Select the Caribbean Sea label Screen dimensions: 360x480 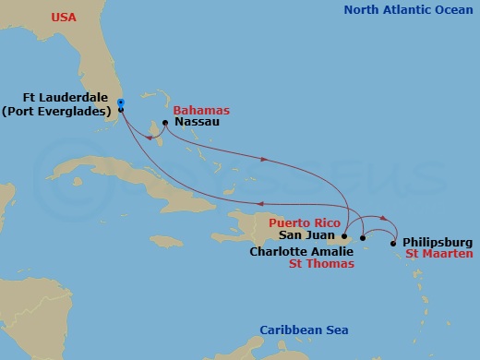295,330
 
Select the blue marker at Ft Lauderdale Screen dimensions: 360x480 121,102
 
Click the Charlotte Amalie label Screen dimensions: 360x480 299,250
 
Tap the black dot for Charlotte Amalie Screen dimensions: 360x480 364,238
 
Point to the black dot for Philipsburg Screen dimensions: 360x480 394,244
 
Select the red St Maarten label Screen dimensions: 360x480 439,254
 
